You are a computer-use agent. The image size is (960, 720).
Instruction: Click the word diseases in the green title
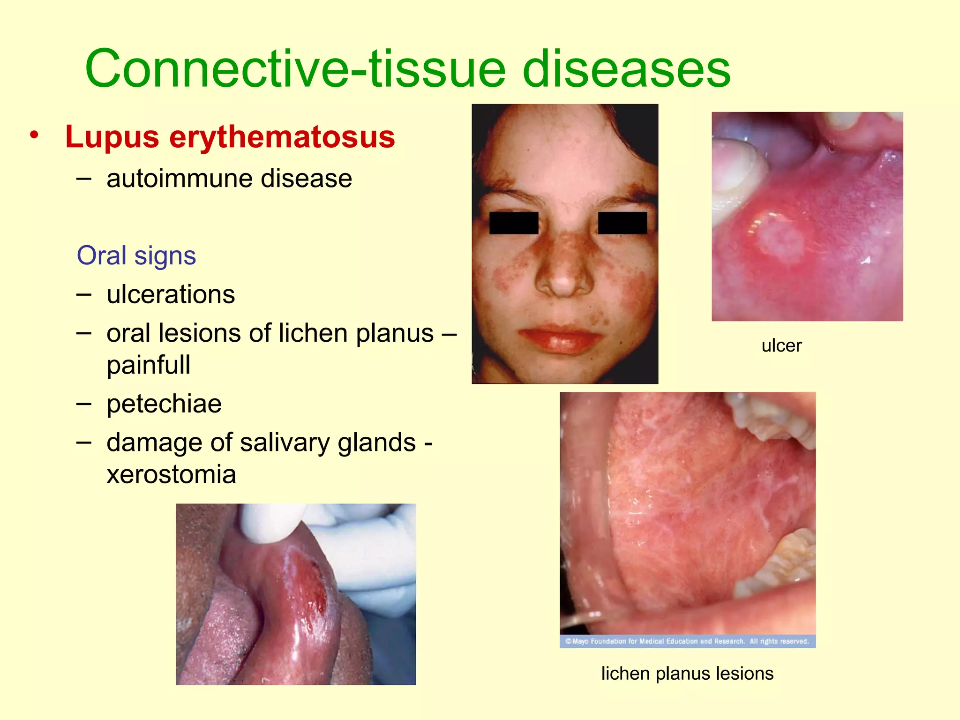626,69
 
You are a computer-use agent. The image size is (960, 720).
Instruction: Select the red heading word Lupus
112,137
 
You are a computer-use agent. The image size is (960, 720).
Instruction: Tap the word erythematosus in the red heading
282,137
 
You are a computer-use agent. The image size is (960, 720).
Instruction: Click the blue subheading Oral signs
136,256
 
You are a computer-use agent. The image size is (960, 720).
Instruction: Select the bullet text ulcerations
171,294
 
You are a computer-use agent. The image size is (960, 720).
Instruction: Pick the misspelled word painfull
149,365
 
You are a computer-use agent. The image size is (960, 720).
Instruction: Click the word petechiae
164,404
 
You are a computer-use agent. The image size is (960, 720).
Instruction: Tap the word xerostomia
171,474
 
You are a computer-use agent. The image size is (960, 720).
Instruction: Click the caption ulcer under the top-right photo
781,346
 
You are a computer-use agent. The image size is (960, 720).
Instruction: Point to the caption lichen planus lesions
687,674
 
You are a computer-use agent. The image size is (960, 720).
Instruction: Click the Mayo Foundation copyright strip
687,641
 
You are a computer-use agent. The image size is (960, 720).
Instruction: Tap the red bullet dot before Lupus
34,135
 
